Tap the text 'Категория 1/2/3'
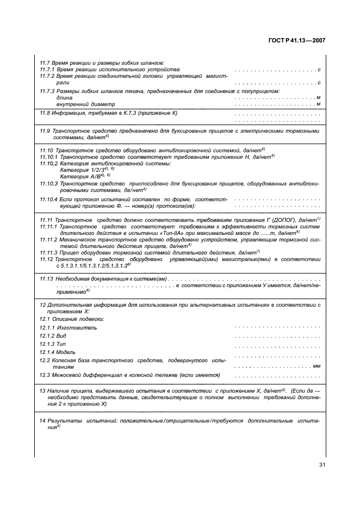pyautogui.click(x=82, y=170)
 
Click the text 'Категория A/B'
pyautogui.click(x=80, y=176)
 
